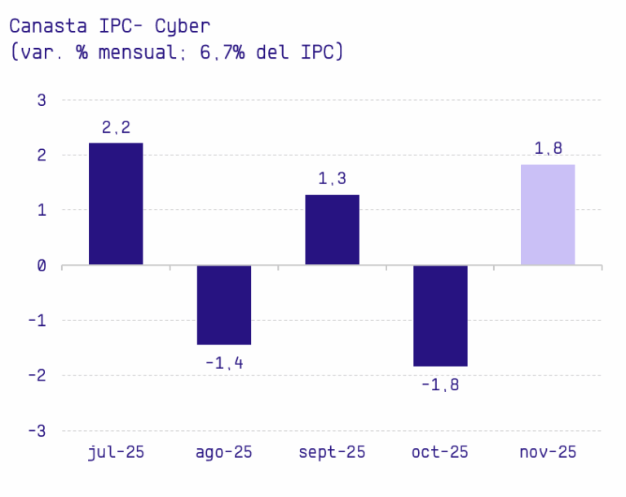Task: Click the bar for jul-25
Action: pyautogui.click(x=116, y=204)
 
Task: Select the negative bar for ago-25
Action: pyautogui.click(x=223, y=305)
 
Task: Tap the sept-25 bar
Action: pyautogui.click(x=332, y=230)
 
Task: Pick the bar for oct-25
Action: pyautogui.click(x=440, y=315)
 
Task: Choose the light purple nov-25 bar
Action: pyautogui.click(x=548, y=214)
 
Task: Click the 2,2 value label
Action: pyautogui.click(x=116, y=127)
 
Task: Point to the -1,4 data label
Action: pyautogui.click(x=223, y=363)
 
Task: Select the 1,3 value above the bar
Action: pyautogui.click(x=332, y=178)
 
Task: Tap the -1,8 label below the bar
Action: pyautogui.click(x=440, y=385)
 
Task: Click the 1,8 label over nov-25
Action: pyautogui.click(x=548, y=148)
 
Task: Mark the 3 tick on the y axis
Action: pyautogui.click(x=42, y=100)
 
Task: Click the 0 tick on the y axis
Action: pyautogui.click(x=42, y=266)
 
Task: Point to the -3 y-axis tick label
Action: pyautogui.click(x=37, y=431)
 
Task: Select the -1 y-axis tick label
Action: pyautogui.click(x=37, y=321)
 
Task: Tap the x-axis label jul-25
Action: pyautogui.click(x=116, y=452)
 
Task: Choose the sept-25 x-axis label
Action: pyautogui.click(x=332, y=452)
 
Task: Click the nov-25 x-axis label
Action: pyautogui.click(x=548, y=452)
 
